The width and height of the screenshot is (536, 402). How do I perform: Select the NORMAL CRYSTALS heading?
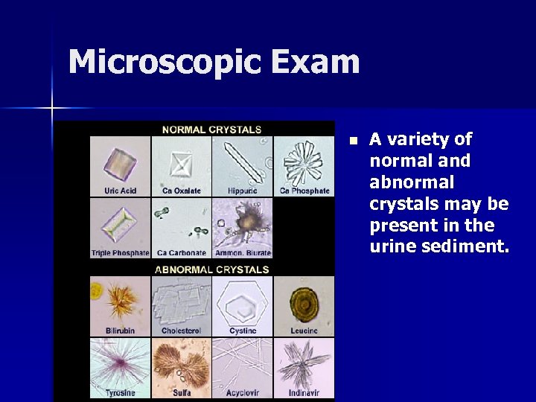[x=211, y=129]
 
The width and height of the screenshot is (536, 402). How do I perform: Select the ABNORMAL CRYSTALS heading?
[x=211, y=269]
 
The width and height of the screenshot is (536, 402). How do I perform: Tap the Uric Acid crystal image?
[x=119, y=161]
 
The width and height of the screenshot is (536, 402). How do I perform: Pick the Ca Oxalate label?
[x=181, y=191]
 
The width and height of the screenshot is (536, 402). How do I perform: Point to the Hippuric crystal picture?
[x=242, y=160]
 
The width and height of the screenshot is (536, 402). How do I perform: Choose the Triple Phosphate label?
[x=120, y=253]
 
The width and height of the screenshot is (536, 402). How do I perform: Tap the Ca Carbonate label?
[x=181, y=253]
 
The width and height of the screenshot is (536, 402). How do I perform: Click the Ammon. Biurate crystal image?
[x=242, y=222]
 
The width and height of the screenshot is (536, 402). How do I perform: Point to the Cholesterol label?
[x=181, y=331]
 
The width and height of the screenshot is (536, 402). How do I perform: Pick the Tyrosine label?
[x=120, y=392]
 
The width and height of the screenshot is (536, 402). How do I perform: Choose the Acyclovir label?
[x=242, y=392]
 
